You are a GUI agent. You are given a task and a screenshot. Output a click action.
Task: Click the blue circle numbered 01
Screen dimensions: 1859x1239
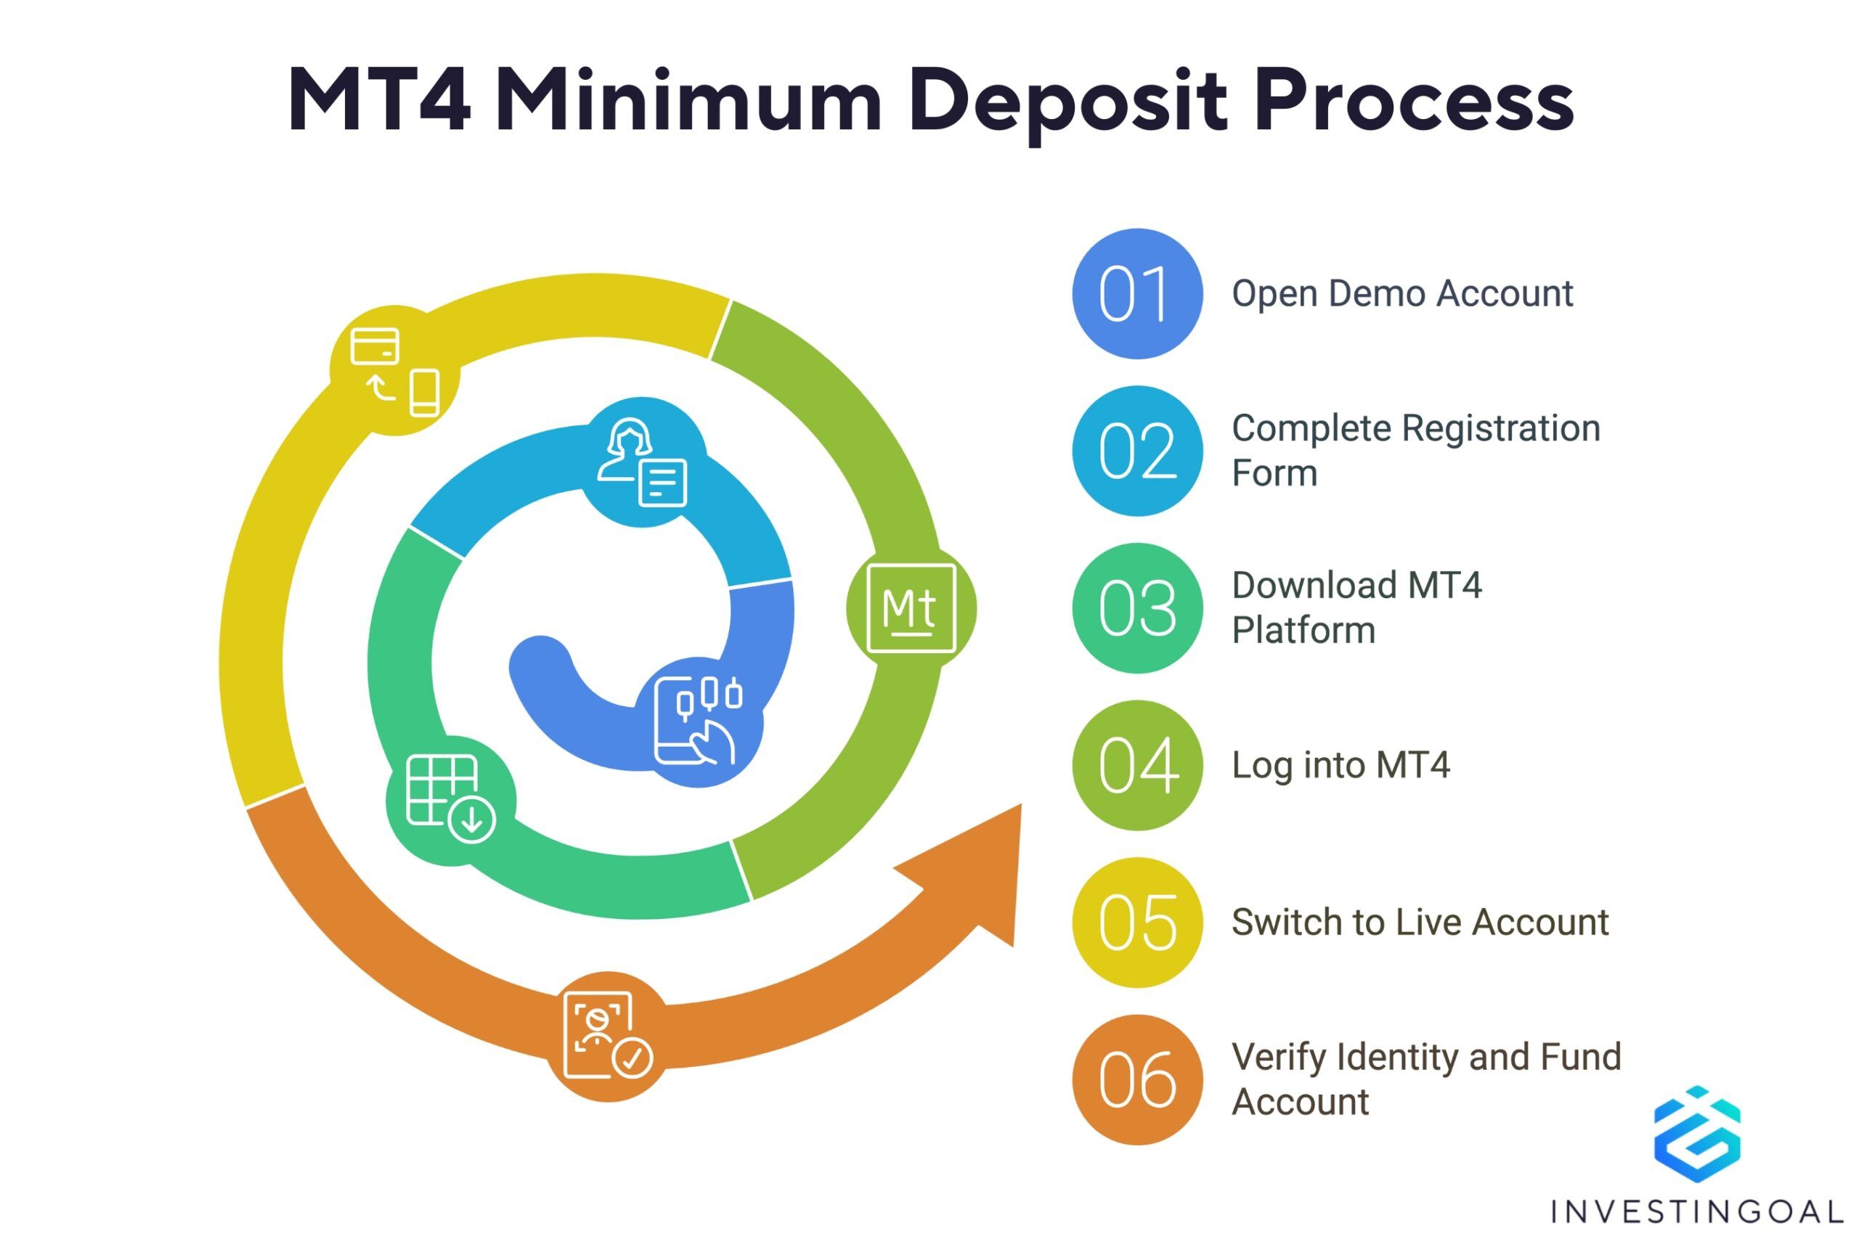1137,294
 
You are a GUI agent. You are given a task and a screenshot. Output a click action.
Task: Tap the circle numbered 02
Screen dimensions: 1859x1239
1137,451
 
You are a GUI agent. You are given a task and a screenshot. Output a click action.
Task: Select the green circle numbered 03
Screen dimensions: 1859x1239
1137,608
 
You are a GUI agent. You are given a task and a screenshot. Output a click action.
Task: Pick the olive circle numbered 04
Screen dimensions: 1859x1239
1137,766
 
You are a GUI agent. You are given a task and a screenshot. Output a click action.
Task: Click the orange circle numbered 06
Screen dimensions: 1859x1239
1137,1080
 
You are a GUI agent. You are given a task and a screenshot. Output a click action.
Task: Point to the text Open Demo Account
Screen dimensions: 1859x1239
1402,294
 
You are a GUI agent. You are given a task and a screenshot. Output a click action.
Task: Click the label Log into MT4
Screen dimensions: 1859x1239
1341,766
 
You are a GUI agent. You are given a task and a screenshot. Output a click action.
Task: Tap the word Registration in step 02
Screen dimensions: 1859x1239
1501,429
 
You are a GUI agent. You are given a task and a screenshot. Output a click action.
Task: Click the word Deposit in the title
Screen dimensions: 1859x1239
1067,102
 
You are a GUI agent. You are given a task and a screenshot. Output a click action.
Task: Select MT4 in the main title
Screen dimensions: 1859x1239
379,100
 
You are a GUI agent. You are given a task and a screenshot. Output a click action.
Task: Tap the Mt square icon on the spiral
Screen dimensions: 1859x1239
911,608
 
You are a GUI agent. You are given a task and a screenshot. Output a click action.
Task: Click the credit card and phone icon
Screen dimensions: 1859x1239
395,371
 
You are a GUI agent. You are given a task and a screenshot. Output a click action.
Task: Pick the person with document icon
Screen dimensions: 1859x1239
642,462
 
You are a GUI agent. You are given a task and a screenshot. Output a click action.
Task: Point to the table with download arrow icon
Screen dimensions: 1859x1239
450,799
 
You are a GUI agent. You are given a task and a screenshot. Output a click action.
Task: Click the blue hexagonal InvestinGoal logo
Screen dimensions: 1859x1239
1697,1134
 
